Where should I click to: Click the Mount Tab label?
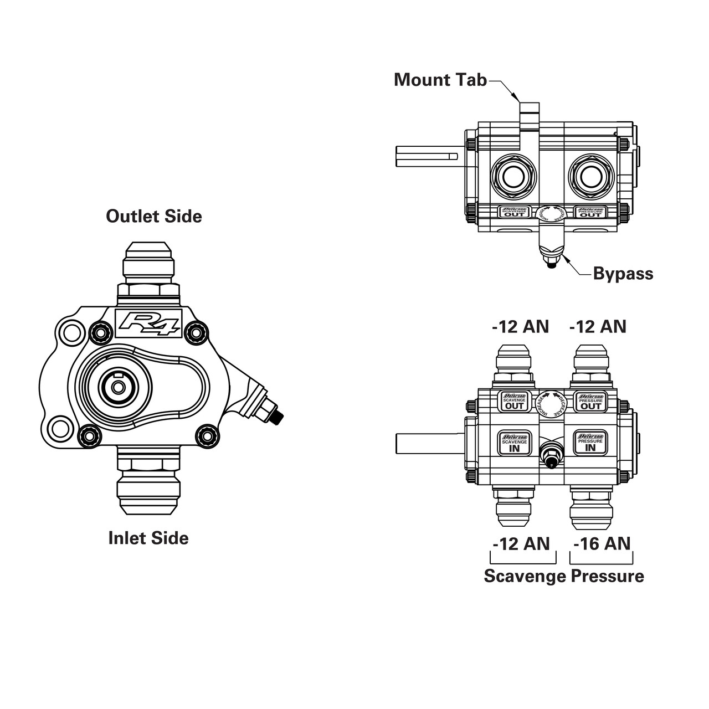[440, 80]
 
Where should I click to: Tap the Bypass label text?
[623, 274]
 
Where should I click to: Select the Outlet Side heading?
[154, 216]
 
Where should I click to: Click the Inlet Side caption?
[148, 538]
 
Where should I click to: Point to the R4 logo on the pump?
[147, 323]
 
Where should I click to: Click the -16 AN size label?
[602, 543]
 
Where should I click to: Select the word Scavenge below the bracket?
[525, 576]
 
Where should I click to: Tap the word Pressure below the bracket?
[608, 576]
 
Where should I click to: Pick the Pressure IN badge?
[590, 443]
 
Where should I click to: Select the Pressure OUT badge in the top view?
[590, 212]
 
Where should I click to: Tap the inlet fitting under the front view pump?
[148, 487]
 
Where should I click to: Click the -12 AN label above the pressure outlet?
[597, 327]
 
